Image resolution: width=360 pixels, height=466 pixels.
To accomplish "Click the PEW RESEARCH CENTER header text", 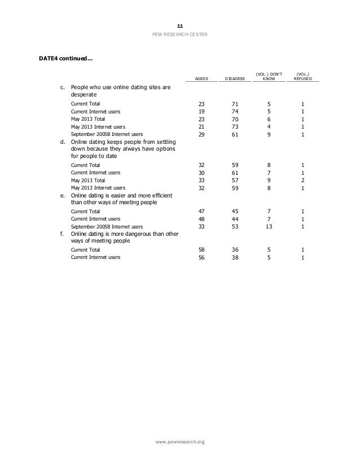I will (179, 35).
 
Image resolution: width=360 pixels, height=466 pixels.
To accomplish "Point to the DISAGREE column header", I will (235, 80).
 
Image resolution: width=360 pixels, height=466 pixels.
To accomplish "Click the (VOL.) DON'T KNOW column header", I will (268, 77).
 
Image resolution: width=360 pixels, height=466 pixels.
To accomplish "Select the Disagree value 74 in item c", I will (235, 112).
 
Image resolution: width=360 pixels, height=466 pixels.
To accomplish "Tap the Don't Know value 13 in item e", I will (269, 226).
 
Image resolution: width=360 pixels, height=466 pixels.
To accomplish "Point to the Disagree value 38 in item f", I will (235, 257).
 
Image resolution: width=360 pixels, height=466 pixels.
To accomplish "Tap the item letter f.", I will (61, 233).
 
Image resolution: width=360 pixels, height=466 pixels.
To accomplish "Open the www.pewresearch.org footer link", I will (179, 441).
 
